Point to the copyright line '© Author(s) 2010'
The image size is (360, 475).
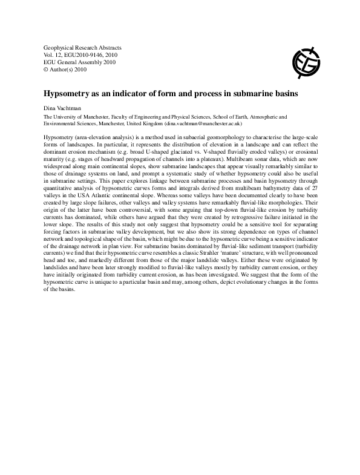(65, 70)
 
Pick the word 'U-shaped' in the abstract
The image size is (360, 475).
(152, 152)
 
